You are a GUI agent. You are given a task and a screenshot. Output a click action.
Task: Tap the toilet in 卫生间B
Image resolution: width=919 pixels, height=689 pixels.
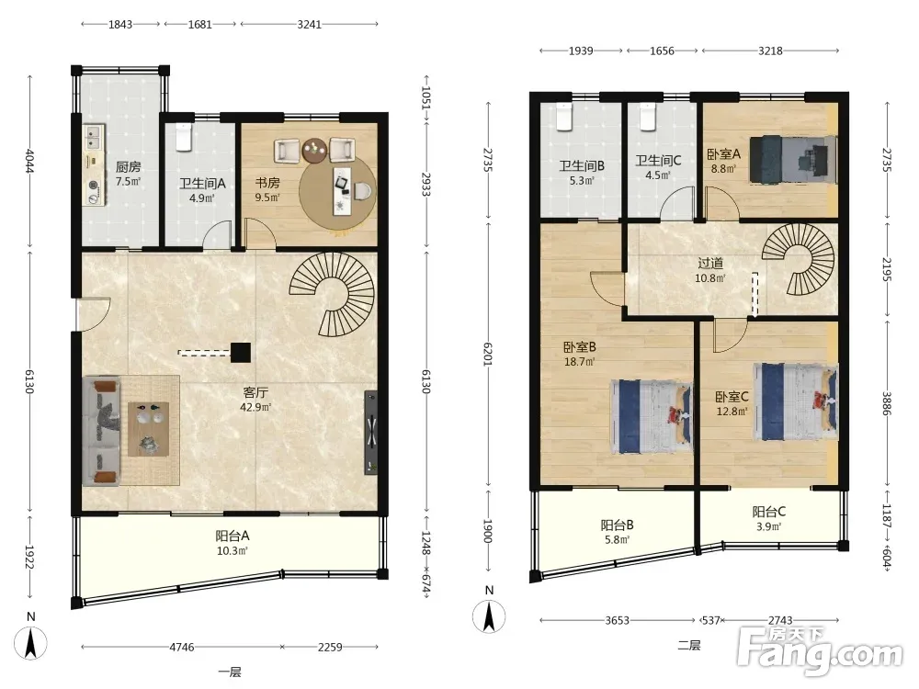tap(563, 117)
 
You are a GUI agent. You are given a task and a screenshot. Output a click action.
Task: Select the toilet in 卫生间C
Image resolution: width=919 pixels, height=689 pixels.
tap(647, 117)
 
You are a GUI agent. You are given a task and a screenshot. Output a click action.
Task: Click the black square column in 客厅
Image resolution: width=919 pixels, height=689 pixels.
tap(240, 352)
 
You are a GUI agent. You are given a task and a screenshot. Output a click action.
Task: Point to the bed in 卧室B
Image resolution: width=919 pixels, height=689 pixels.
tap(652, 416)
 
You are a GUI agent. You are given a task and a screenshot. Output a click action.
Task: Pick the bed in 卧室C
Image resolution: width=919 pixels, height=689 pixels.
tap(795, 401)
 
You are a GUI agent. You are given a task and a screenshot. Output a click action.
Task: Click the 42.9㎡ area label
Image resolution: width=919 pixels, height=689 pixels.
tap(255, 407)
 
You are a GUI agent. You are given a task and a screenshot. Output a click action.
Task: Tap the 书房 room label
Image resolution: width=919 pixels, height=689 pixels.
tap(267, 183)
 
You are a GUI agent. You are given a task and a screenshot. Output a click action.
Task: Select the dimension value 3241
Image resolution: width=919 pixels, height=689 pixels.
tap(309, 24)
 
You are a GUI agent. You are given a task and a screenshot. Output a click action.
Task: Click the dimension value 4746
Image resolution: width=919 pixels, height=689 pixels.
tap(182, 647)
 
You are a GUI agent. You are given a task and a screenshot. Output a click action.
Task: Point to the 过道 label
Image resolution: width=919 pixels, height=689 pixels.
tap(710, 263)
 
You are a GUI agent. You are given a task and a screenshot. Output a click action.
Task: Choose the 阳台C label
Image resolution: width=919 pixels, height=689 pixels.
tap(769, 512)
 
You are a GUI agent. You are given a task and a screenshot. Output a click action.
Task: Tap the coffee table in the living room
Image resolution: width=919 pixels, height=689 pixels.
tap(149, 429)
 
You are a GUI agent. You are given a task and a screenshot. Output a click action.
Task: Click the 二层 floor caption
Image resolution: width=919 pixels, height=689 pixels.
tap(689, 646)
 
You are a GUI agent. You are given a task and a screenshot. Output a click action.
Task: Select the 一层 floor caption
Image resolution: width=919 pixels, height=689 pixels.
tap(230, 672)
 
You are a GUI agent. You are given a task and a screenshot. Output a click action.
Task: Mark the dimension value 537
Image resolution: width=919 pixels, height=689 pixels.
tap(711, 620)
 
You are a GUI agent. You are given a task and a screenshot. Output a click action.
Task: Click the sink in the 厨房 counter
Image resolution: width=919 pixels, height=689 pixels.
tap(94, 139)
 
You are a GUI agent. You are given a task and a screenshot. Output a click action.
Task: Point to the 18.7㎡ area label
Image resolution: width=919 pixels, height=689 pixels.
tap(579, 362)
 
